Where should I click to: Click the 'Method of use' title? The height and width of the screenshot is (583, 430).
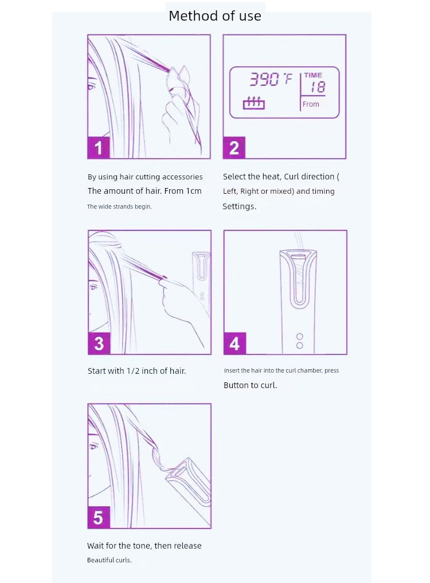click(214, 15)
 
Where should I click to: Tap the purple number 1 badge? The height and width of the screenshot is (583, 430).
click(99, 147)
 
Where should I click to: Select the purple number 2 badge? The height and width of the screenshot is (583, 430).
click(234, 147)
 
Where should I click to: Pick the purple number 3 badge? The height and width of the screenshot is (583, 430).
click(99, 343)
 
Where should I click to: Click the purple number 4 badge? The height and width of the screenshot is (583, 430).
click(234, 343)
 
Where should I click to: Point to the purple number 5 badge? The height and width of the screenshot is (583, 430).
click(99, 517)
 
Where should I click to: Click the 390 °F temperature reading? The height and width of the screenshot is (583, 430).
click(271, 79)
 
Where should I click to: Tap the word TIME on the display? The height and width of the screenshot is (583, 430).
click(313, 75)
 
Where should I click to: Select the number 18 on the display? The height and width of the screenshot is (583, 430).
click(318, 87)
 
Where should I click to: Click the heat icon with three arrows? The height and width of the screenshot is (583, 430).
click(253, 103)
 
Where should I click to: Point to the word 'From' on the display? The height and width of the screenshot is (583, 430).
click(311, 104)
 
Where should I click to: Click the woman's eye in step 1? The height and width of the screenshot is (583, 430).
click(91, 87)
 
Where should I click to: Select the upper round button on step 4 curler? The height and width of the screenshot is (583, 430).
click(299, 337)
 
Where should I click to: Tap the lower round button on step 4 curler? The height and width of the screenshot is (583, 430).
click(299, 346)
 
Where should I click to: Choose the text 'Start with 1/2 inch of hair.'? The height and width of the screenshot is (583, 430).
click(137, 371)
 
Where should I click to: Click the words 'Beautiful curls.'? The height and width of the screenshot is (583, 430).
click(110, 560)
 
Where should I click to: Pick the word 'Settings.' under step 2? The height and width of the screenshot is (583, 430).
click(240, 206)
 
